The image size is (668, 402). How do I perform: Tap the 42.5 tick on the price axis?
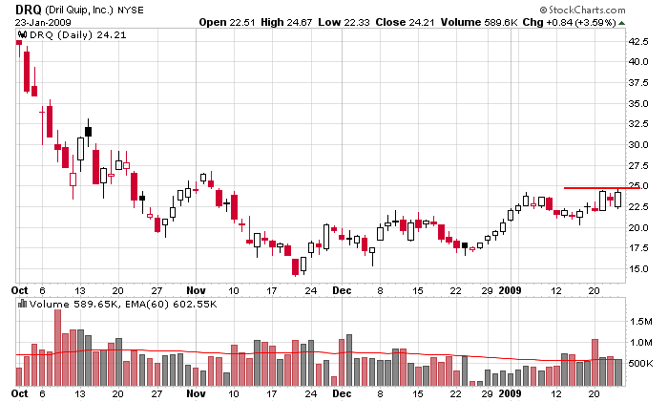(x=639, y=41)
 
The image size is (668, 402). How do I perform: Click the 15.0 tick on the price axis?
(x=639, y=269)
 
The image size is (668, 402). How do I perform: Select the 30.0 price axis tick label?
(x=639, y=145)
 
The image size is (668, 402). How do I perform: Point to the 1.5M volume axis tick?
(x=640, y=322)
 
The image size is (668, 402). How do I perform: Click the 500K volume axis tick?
(x=640, y=364)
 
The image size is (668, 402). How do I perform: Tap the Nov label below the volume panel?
(x=197, y=393)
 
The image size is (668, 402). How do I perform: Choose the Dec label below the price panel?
(x=342, y=288)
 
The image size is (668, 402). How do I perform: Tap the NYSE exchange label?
(x=132, y=9)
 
